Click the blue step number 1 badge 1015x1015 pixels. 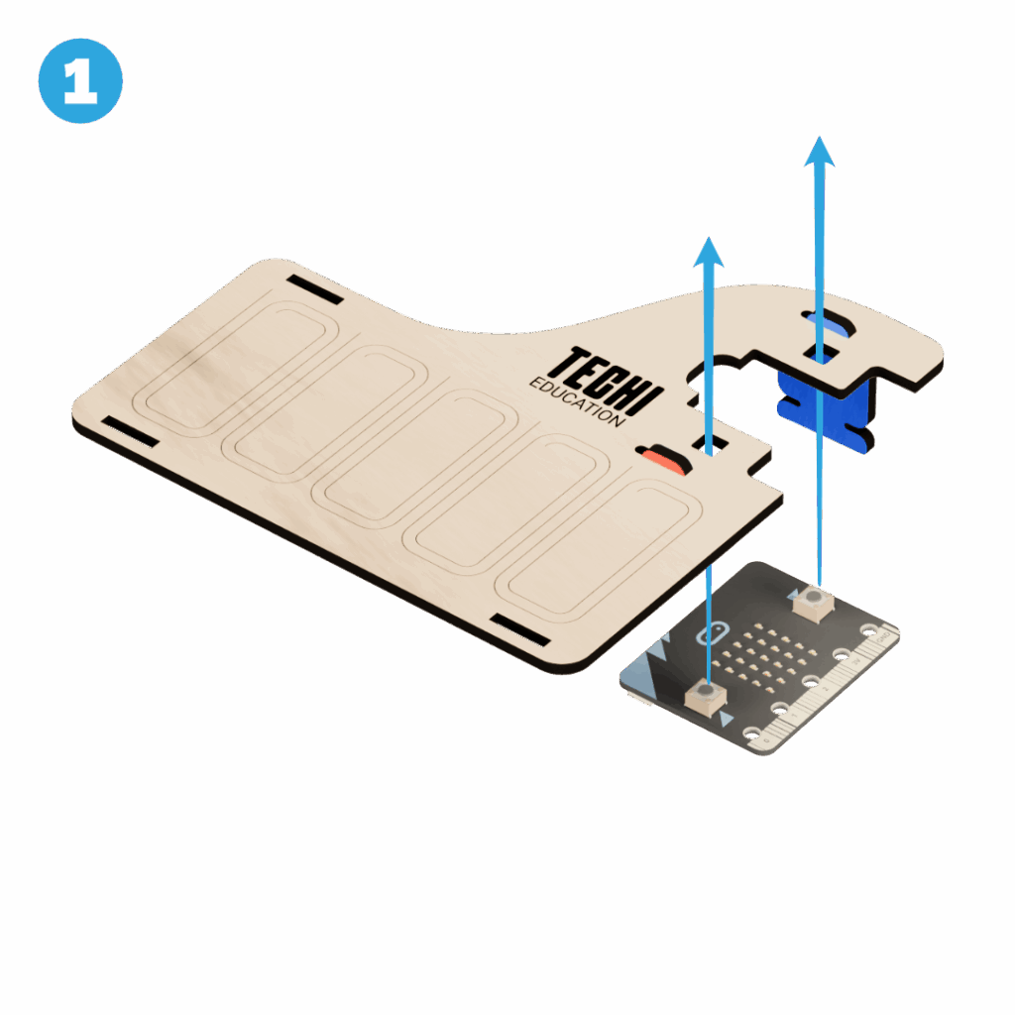[80, 81]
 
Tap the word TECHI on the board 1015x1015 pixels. [607, 382]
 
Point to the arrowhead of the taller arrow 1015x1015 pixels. [820, 152]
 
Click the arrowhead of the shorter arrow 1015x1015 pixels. [708, 252]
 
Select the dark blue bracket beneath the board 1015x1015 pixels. [826, 407]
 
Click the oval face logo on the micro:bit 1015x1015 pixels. [712, 633]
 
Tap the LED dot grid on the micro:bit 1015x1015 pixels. [766, 656]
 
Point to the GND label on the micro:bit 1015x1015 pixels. [881, 637]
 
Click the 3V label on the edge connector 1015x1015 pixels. [854, 662]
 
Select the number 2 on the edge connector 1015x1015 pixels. [825, 689]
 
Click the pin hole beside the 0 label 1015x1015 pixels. [752, 733]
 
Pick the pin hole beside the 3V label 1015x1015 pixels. [841, 654]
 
